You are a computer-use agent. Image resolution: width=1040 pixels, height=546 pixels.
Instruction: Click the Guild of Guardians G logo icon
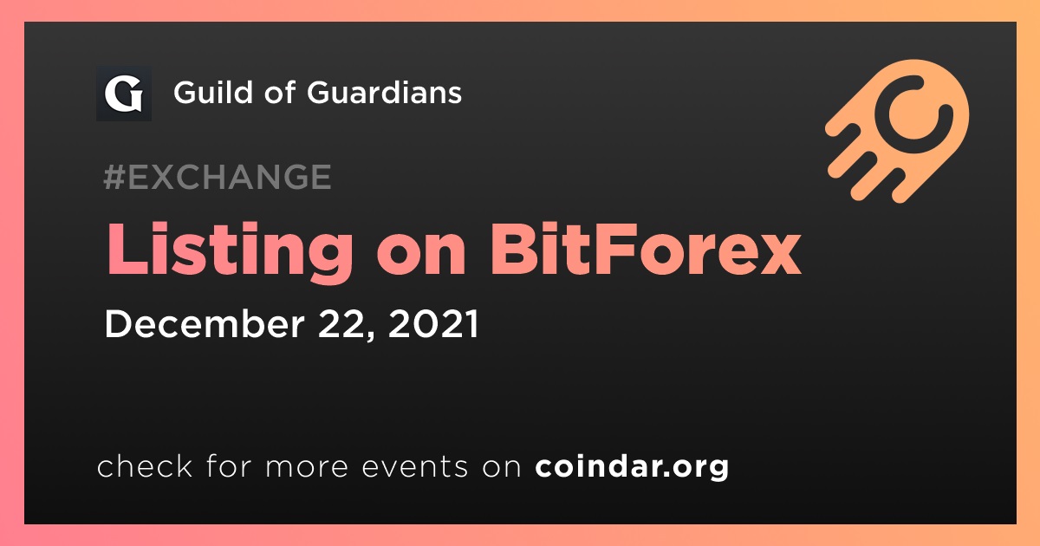(123, 94)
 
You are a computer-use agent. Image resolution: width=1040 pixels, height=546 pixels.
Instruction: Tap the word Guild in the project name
(212, 92)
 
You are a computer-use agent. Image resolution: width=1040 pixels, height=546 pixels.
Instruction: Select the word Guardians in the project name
(384, 92)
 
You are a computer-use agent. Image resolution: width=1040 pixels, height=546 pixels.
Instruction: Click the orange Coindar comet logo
(897, 131)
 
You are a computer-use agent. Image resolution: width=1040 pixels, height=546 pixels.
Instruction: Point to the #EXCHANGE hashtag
(218, 177)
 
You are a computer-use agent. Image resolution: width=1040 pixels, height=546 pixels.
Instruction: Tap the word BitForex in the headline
(646, 249)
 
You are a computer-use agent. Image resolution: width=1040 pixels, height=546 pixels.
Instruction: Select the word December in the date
(205, 323)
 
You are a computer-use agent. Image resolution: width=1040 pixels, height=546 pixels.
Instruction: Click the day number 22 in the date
(342, 323)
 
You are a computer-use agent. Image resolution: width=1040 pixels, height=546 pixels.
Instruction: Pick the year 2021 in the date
(433, 323)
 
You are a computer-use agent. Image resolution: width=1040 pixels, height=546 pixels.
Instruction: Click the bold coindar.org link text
(632, 466)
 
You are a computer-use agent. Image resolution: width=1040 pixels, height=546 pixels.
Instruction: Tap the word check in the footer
(145, 466)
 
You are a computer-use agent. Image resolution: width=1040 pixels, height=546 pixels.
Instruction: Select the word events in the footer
(415, 467)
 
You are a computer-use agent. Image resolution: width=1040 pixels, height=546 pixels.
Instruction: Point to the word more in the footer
(307, 467)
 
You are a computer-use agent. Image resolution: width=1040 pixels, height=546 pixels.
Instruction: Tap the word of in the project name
(279, 92)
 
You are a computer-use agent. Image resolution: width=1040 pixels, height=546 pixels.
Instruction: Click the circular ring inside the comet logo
(913, 114)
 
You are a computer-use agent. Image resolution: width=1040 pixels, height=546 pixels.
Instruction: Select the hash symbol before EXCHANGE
(114, 177)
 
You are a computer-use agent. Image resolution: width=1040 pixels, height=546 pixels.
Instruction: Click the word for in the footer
(229, 466)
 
